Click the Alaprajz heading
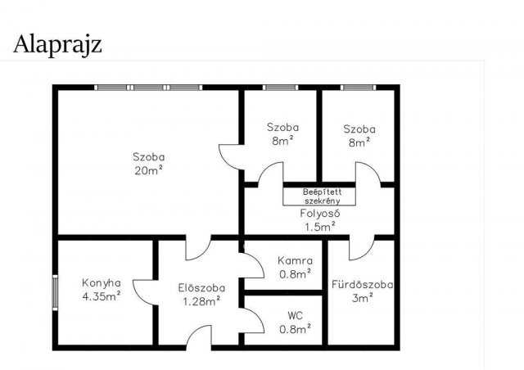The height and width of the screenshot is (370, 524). coord(57,45)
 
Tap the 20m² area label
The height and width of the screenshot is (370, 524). coord(149,170)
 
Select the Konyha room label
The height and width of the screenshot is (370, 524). coord(102,283)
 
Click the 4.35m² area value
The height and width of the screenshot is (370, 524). coord(102,296)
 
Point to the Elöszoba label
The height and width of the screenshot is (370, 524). coord(201,288)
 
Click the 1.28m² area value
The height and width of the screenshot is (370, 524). coord(201,301)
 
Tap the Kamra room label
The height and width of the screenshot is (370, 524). coord(295,260)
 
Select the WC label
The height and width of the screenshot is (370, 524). coord(295,315)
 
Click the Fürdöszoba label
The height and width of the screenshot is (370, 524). coord(362,284)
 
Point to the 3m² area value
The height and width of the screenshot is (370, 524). coord(362,298)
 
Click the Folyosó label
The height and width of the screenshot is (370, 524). coord(320,214)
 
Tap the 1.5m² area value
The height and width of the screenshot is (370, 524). coord(320,227)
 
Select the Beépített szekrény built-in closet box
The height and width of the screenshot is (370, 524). coord(319,196)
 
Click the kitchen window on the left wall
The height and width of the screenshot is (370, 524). coord(55,293)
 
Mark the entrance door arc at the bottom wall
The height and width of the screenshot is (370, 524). coord(194,331)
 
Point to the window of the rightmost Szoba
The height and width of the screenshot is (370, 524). coord(359,88)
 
